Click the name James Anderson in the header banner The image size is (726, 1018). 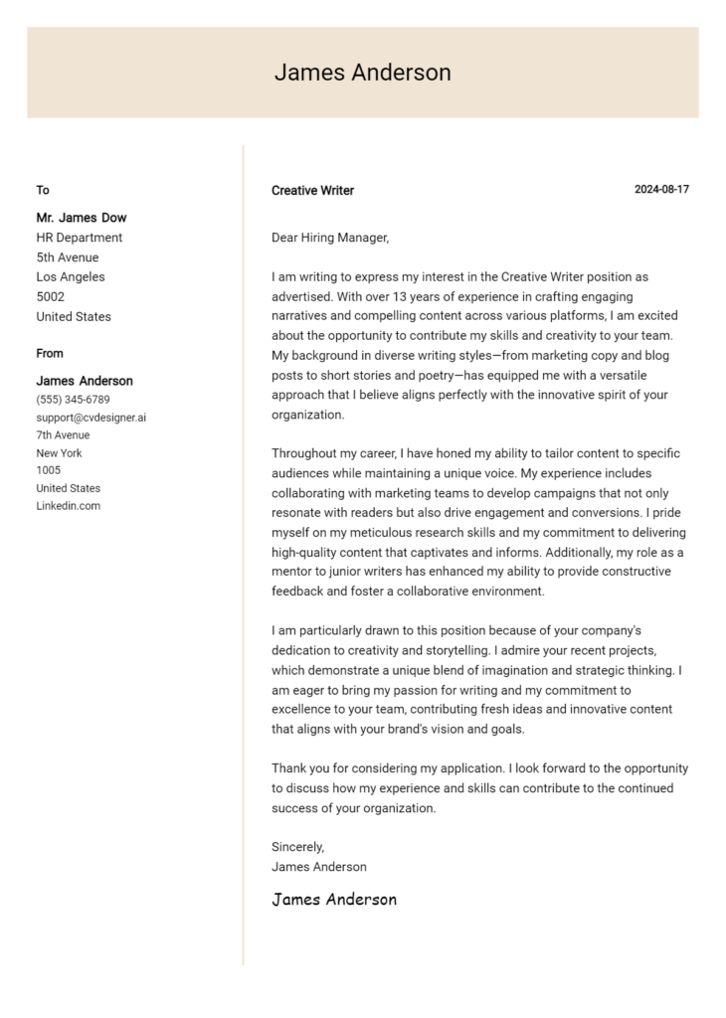(362, 73)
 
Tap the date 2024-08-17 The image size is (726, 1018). (661, 189)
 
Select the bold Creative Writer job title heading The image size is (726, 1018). (312, 190)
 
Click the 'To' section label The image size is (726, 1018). (43, 190)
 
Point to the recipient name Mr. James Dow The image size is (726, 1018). (82, 218)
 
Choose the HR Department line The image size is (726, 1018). (80, 238)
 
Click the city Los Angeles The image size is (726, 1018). (71, 277)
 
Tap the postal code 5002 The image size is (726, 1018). (50, 297)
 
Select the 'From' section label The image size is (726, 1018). (50, 353)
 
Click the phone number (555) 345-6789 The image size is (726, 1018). (73, 400)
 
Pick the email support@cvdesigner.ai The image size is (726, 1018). (91, 418)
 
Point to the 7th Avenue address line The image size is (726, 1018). (63, 435)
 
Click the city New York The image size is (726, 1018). (60, 453)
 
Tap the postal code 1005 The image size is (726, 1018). (48, 470)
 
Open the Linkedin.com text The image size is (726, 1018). (68, 506)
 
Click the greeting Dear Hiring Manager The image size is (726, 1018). (330, 238)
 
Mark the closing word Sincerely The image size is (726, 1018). (297, 847)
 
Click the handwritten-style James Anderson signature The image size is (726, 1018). (334, 900)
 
